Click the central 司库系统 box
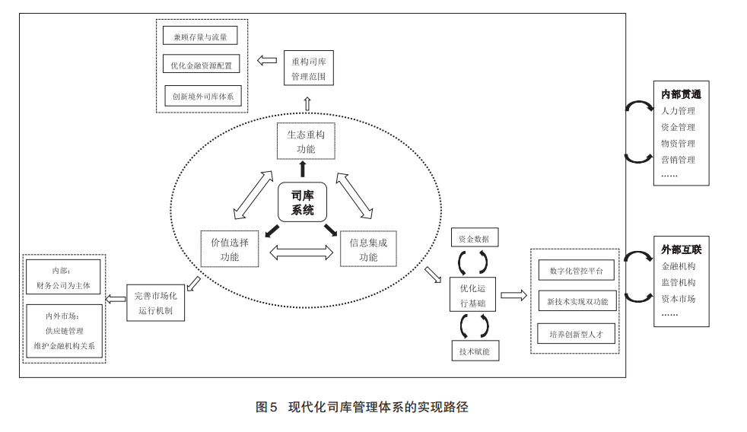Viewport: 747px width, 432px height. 303,202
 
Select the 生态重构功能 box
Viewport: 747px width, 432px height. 306,141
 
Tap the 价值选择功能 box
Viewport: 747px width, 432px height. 230,249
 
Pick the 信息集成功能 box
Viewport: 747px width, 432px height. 368,249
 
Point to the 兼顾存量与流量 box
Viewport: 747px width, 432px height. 200,36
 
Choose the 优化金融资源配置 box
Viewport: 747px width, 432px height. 201,65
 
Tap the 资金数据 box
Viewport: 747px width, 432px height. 474,238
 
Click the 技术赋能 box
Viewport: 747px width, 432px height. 474,351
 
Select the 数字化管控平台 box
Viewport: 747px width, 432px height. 576,270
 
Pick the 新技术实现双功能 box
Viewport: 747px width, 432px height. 577,301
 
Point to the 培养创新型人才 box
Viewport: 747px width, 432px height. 576,334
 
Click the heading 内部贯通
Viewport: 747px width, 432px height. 681,94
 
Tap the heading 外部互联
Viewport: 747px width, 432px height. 681,249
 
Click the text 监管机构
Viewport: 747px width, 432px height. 678,282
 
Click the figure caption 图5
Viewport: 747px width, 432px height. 266,407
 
